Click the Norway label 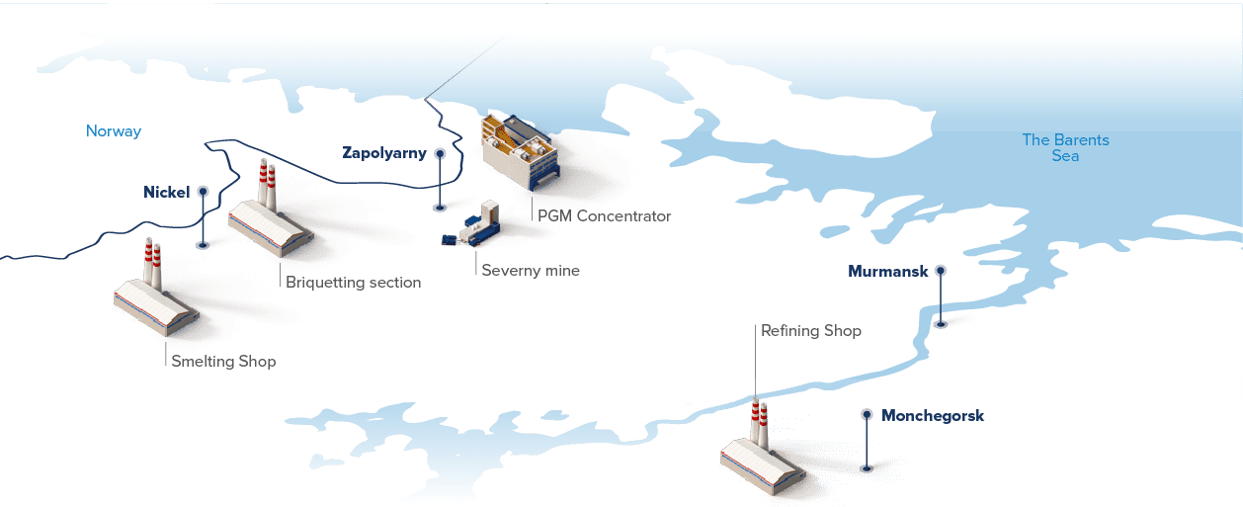click(114, 131)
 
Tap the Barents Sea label click(1065, 148)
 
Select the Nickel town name click(166, 192)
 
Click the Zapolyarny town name click(384, 153)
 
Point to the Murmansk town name click(887, 271)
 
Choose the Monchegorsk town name click(933, 416)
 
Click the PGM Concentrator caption click(604, 216)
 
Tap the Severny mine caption click(530, 271)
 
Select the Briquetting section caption click(354, 283)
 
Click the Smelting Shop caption click(223, 362)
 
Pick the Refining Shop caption click(811, 331)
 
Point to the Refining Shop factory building click(762, 460)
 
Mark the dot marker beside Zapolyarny click(440, 154)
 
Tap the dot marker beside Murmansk click(941, 270)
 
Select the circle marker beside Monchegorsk click(867, 415)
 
